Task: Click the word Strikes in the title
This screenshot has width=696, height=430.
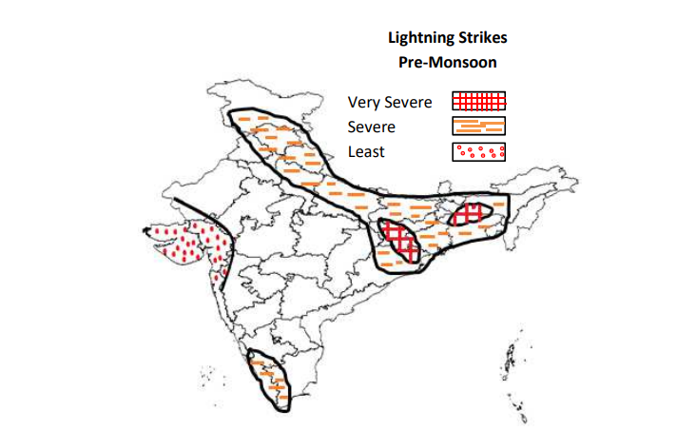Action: [482, 39]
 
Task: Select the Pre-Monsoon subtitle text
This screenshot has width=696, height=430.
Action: [448, 62]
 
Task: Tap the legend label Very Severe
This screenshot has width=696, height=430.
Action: [390, 102]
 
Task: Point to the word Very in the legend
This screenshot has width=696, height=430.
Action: [364, 102]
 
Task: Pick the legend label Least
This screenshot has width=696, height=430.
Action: [367, 151]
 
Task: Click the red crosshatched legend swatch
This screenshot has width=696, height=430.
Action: [478, 101]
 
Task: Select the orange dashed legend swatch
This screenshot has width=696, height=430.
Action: [478, 126]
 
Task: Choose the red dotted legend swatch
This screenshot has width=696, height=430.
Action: [478, 150]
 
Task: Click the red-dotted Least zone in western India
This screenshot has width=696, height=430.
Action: [185, 244]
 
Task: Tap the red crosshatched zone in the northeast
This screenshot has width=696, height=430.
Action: [468, 216]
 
